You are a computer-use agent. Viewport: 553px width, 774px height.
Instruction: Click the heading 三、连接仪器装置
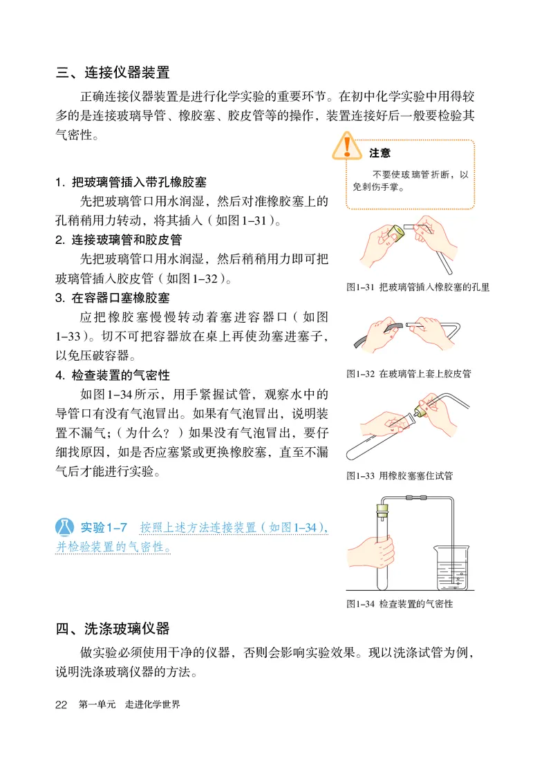[x=113, y=72]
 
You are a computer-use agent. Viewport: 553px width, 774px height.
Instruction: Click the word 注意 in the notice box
[x=379, y=153]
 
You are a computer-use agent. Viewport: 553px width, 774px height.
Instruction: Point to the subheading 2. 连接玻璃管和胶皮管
[x=118, y=240]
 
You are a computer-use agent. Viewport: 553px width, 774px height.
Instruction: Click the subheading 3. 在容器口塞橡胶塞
[x=113, y=298]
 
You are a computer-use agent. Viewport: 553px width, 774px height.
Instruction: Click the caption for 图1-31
[x=418, y=287]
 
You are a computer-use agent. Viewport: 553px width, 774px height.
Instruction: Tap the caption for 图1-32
[x=409, y=374]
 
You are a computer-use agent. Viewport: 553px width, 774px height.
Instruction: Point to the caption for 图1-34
[x=400, y=603]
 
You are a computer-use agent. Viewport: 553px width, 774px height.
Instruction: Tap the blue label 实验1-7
[x=103, y=527]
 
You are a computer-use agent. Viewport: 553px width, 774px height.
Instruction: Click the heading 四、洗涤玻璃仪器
[x=113, y=628]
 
